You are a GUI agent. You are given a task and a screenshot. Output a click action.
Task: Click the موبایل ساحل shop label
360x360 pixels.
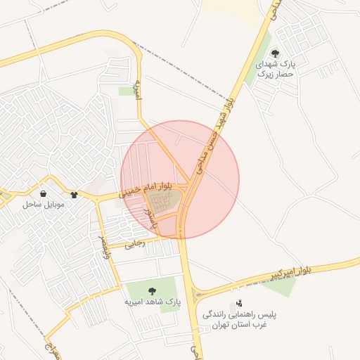pos(44,205)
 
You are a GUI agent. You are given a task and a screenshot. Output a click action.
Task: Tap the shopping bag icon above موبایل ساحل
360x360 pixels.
pos(44,193)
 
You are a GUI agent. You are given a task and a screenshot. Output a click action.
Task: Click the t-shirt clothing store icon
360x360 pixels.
pos(74,193)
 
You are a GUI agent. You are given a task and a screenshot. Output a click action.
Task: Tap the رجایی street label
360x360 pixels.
pos(134,245)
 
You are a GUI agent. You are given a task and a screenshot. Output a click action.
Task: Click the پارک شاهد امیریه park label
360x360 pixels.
pos(153,302)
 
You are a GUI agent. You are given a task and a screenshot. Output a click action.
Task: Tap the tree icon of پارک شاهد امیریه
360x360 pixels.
pos(153,290)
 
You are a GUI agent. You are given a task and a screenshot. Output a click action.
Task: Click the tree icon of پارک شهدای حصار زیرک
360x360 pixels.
pos(275,53)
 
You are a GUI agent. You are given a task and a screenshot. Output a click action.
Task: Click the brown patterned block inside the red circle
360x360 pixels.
pos(165,203)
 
